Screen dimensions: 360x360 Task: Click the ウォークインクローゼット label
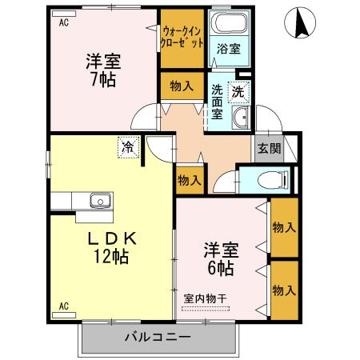(182, 38)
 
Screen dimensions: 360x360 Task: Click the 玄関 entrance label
(268, 148)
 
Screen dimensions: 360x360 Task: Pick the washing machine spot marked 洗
(238, 92)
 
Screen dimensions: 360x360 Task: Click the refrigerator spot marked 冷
(128, 147)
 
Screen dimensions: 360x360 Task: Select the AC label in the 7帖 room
(63, 22)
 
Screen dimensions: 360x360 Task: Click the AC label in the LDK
(63, 306)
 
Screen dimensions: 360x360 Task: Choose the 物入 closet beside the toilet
(189, 181)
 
